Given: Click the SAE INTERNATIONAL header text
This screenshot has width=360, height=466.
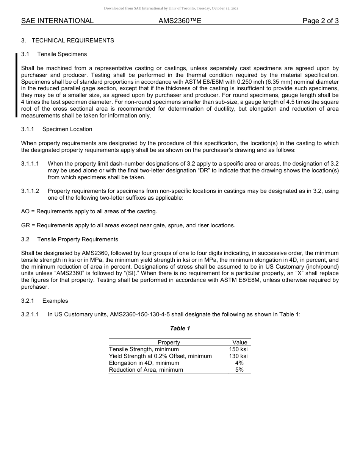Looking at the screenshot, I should (x=57, y=21).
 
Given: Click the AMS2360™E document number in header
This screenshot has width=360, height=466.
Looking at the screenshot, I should (x=180, y=21).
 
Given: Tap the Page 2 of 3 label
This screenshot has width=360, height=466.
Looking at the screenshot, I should (x=320, y=21).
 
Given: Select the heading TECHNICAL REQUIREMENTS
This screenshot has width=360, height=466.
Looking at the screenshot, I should (x=73, y=41).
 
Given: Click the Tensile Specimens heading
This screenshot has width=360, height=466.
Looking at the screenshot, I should (x=62, y=54).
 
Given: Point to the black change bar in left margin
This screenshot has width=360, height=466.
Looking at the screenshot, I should (x=16, y=85).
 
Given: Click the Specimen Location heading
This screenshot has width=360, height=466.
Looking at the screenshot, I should (x=67, y=129).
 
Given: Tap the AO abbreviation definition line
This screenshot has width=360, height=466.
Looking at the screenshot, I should (x=89, y=211).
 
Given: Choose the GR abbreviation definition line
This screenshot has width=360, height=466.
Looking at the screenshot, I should (x=128, y=225).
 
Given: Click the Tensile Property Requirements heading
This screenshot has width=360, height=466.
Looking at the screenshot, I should (x=77, y=239).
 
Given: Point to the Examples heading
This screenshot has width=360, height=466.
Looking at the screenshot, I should (x=55, y=301).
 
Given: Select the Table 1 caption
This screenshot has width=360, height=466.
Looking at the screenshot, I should (x=180, y=328).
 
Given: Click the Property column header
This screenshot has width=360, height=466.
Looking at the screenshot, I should (x=169, y=342).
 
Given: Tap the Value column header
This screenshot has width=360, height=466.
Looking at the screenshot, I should (x=239, y=342).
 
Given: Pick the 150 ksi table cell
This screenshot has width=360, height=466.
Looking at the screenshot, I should (x=238, y=349).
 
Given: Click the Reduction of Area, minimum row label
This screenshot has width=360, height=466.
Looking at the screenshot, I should (x=146, y=370).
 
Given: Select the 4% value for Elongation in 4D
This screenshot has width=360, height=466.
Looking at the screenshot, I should (x=239, y=363).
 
